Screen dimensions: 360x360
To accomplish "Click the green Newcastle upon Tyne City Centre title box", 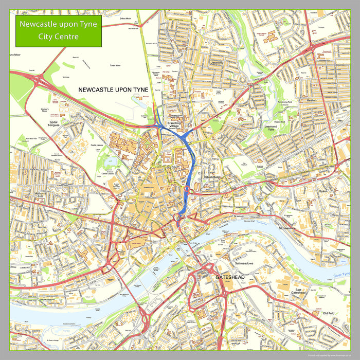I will point(58,31).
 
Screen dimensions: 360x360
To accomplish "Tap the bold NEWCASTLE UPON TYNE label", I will point(113,89).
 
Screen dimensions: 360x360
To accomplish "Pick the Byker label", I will point(323,191).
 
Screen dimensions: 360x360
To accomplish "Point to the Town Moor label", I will point(115,66).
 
